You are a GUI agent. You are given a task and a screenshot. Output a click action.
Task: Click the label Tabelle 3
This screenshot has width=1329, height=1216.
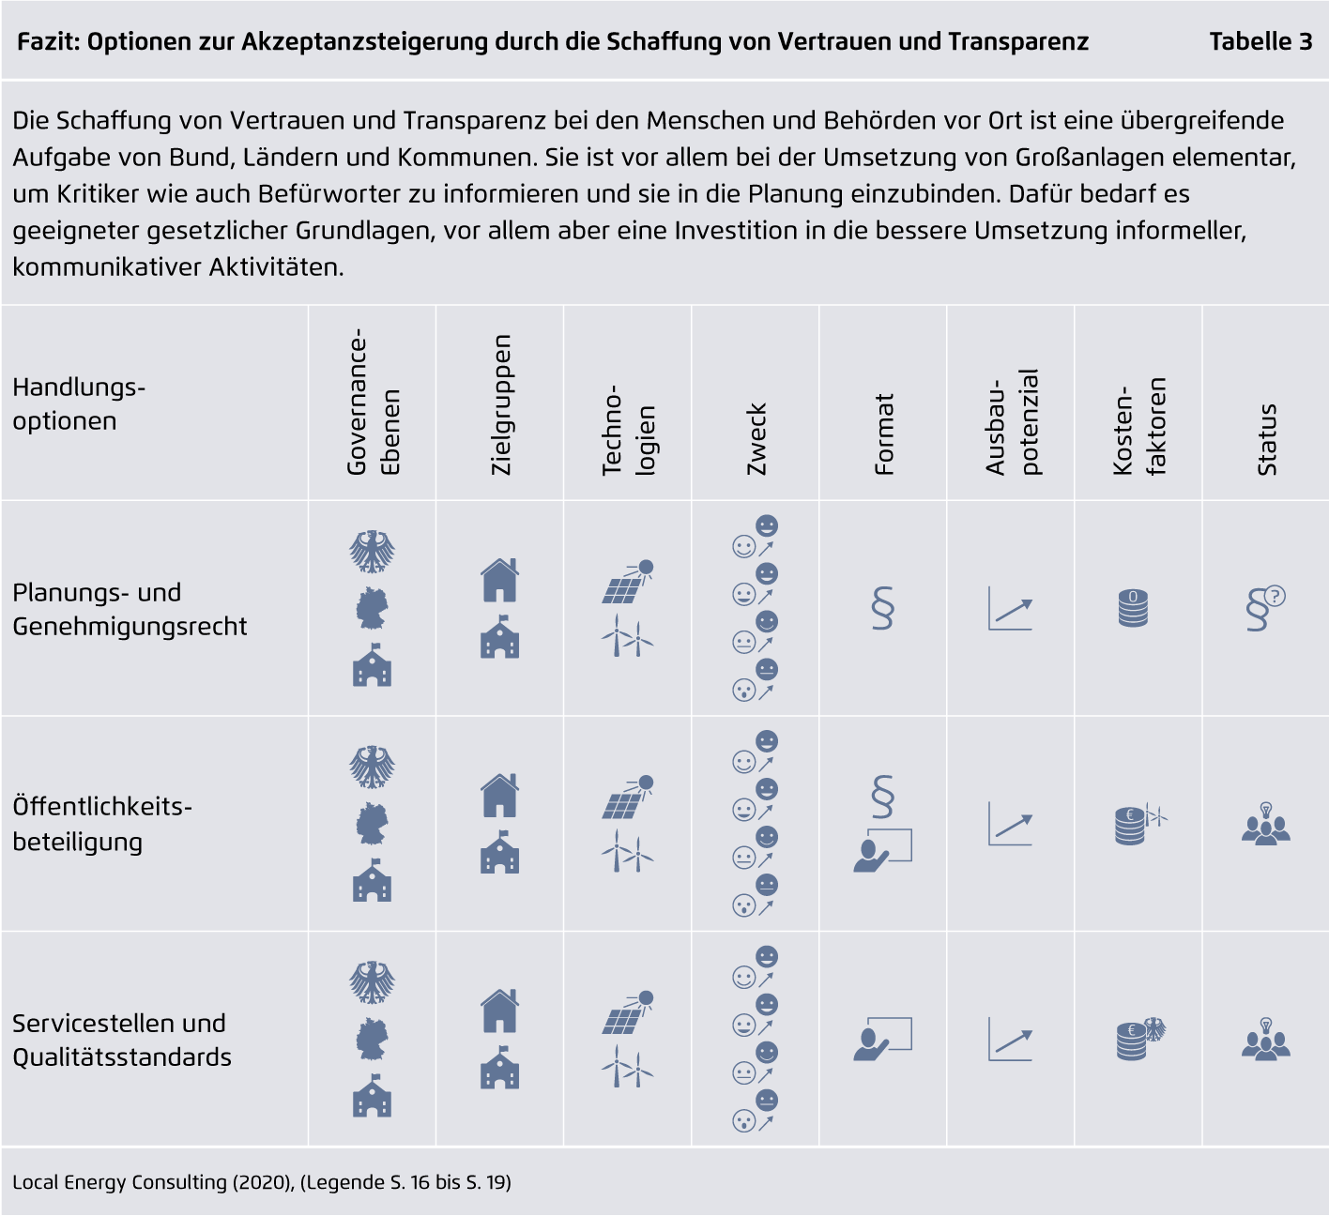coord(1260,41)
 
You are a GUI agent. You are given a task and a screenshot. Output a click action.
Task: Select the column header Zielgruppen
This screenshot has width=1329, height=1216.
coord(501,404)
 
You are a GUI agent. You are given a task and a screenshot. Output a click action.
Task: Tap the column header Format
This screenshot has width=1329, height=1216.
coord(884,434)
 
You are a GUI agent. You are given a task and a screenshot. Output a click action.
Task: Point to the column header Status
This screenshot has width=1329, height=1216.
coord(1266,440)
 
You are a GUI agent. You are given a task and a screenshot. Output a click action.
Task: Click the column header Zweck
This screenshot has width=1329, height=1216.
coord(756,439)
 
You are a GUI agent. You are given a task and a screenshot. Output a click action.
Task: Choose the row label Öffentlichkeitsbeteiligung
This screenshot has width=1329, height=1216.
coord(102,824)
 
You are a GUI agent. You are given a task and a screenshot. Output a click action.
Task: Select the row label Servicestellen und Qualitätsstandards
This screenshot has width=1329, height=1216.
coord(122,1040)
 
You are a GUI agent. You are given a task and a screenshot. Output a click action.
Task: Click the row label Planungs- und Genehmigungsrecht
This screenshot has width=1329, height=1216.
coord(130,609)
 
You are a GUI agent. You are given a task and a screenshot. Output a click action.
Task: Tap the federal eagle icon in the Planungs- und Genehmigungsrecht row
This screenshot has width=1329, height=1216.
coord(373,551)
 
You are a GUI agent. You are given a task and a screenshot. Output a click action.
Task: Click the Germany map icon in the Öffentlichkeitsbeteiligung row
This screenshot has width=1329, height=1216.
coord(373,823)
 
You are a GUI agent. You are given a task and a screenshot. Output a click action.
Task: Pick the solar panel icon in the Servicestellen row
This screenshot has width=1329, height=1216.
coord(627,1012)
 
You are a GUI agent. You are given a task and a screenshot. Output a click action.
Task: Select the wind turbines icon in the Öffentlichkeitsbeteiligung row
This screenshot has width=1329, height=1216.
coord(627,850)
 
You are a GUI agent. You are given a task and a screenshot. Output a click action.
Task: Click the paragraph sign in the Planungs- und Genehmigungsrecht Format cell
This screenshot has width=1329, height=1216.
coord(883,607)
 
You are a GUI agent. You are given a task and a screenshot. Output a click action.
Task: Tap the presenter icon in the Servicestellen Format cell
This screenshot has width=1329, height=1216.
coord(882,1039)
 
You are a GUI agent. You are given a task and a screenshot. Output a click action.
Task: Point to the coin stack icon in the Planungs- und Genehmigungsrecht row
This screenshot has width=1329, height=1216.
coord(1133,607)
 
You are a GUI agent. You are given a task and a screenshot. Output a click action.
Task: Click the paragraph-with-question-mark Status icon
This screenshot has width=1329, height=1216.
coord(1265,608)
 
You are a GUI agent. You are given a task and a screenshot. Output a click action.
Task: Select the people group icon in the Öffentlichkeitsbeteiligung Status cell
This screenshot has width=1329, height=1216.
coord(1265,824)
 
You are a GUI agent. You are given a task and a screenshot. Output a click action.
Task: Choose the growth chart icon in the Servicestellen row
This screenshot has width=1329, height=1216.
coord(1010,1040)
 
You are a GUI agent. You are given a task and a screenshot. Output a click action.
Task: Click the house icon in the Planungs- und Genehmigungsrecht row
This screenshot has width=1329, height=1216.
coord(499,580)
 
